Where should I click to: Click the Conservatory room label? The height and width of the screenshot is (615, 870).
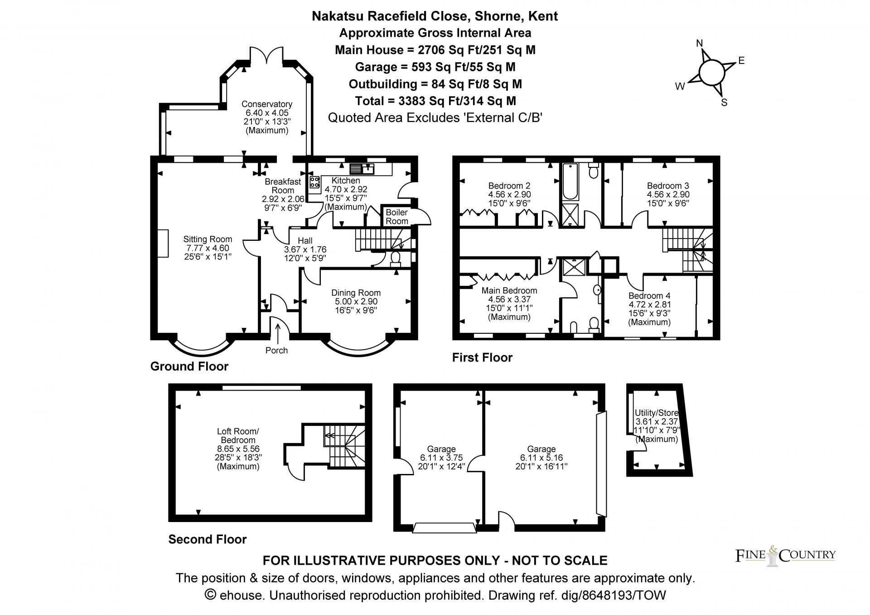pos(266,104)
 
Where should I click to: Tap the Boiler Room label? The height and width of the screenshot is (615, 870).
pos(396,217)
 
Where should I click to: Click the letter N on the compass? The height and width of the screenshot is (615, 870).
pos(699,44)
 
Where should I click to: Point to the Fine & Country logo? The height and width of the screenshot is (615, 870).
pos(785,555)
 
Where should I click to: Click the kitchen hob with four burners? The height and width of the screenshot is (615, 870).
pos(314,183)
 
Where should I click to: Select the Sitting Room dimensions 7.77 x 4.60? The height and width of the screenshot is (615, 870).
pos(208,248)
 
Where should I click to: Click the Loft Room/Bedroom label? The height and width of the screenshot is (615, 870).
pos(238,435)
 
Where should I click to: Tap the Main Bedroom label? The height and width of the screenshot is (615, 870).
pos(509,291)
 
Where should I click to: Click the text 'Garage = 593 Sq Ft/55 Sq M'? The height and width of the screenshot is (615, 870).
pos(435,67)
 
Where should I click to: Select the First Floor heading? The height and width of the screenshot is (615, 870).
pos(482,358)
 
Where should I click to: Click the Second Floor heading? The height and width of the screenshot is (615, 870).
pos(208,539)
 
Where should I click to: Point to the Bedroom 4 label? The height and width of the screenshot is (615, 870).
pos(649,296)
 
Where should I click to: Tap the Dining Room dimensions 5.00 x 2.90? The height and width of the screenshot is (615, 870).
pos(356,302)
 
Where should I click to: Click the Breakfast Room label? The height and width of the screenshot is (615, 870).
pos(283,186)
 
